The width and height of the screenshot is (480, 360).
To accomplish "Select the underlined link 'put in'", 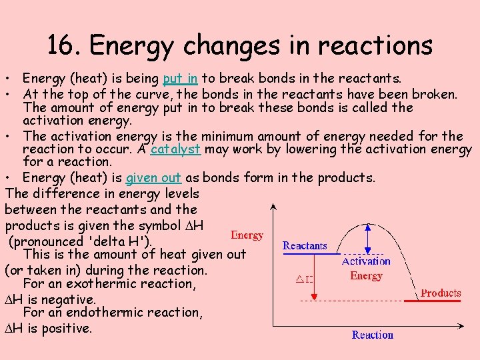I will [x=179, y=79].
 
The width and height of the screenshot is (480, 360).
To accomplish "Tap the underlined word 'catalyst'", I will [x=175, y=149].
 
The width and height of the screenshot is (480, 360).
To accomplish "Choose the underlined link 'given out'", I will [x=153, y=177].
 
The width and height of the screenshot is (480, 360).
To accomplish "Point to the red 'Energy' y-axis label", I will [x=247, y=235].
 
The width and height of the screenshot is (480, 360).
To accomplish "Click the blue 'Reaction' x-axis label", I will [x=372, y=335].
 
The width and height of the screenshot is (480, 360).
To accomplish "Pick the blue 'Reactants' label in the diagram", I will [x=305, y=246].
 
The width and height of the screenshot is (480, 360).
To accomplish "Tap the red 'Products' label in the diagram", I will [x=441, y=293].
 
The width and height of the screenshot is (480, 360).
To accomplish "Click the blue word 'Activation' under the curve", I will [x=366, y=262].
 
